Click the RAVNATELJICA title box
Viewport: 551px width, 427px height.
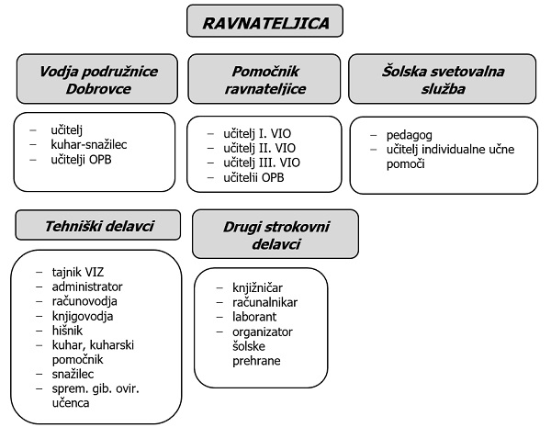(264, 21)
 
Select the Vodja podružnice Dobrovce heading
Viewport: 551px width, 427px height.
(97, 79)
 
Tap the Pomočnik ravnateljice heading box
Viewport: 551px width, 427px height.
(264, 79)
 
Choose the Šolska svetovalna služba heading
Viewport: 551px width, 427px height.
(443, 79)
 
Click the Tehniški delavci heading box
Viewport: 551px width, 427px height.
(98, 225)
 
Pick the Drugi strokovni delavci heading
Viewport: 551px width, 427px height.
(275, 234)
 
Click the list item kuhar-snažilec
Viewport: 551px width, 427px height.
(89, 144)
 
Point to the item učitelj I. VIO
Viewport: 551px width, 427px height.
(257, 133)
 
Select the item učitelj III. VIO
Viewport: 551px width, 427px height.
(262, 163)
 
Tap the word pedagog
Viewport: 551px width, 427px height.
(410, 135)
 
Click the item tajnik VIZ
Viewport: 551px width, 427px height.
(78, 272)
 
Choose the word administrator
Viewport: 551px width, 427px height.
(87, 287)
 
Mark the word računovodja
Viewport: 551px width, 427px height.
(84, 301)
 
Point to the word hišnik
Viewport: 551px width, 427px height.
(67, 331)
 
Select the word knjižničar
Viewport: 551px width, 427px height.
(257, 287)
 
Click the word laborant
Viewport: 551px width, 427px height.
(254, 317)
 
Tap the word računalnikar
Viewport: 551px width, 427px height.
(265, 302)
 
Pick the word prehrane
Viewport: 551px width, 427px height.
(256, 361)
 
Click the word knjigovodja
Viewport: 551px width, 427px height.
(83, 316)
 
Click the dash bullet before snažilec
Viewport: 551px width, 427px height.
(39, 375)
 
